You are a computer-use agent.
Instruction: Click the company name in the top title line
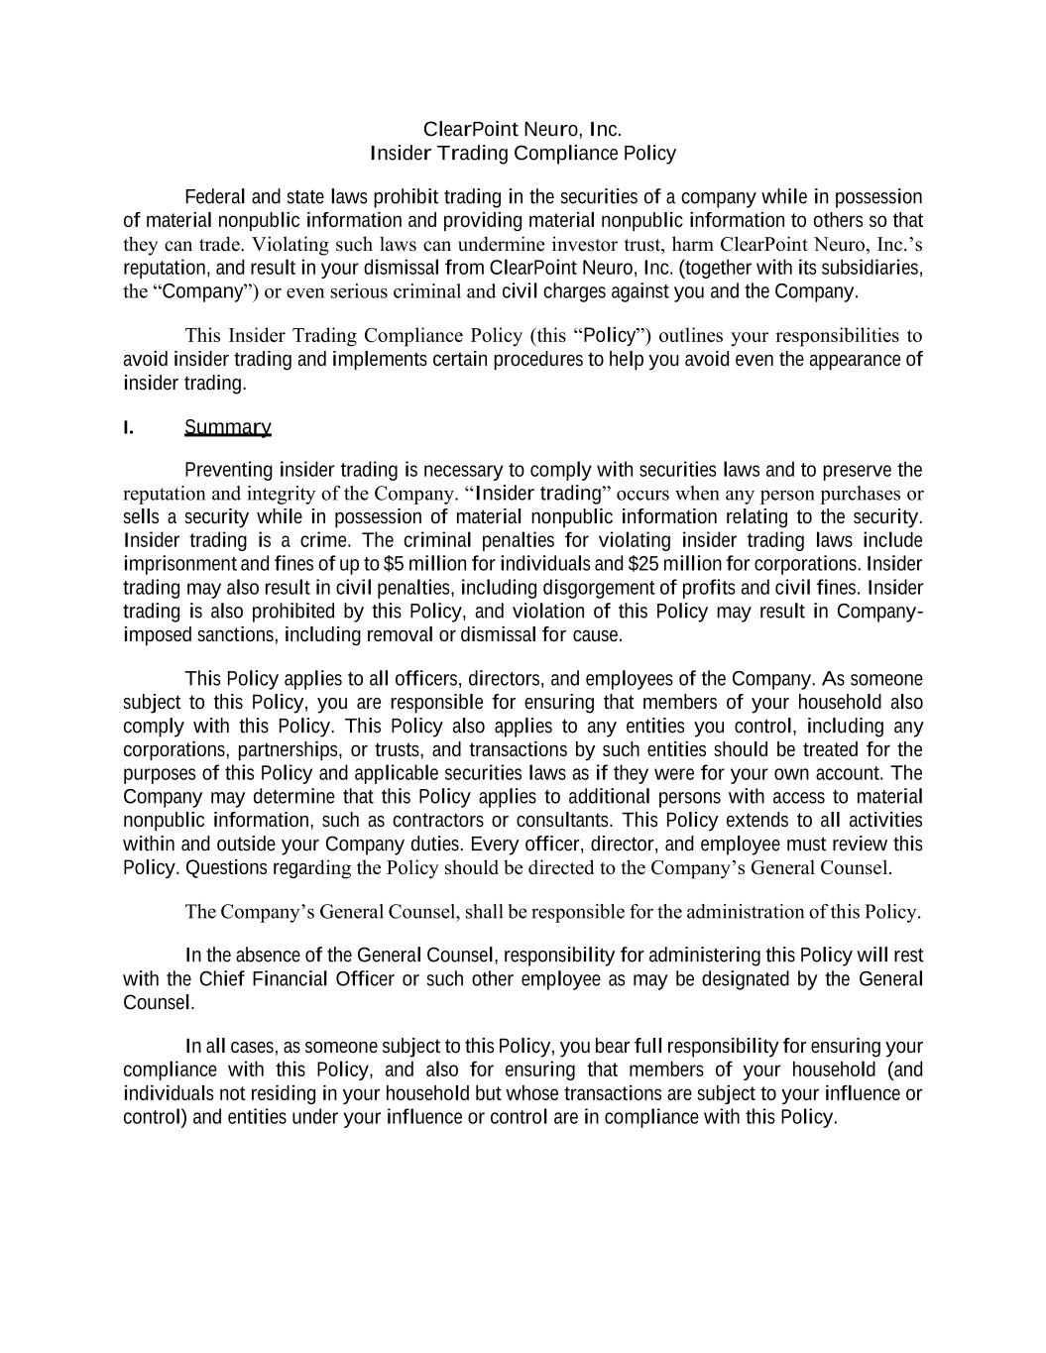click(x=523, y=129)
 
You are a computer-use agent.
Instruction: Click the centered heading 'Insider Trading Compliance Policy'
click(x=523, y=153)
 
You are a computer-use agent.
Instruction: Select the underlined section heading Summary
click(x=227, y=427)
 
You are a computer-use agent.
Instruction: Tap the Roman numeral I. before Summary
click(x=128, y=427)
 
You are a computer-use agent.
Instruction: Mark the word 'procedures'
click(x=541, y=359)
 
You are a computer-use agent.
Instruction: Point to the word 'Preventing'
click(x=228, y=470)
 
